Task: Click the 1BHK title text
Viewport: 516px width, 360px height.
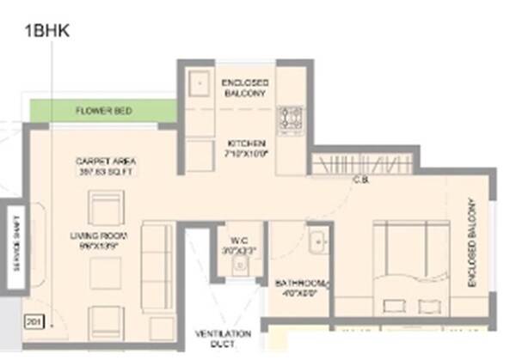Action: tap(46, 32)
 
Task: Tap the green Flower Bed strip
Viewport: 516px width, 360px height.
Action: tap(102, 111)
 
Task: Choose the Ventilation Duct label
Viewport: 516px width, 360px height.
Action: tap(223, 339)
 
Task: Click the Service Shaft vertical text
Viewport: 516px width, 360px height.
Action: tap(13, 250)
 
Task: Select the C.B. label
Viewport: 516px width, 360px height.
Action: tap(360, 179)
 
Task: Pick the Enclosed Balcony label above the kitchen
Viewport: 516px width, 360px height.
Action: tap(245, 87)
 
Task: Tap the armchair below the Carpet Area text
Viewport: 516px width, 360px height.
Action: tap(107, 210)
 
